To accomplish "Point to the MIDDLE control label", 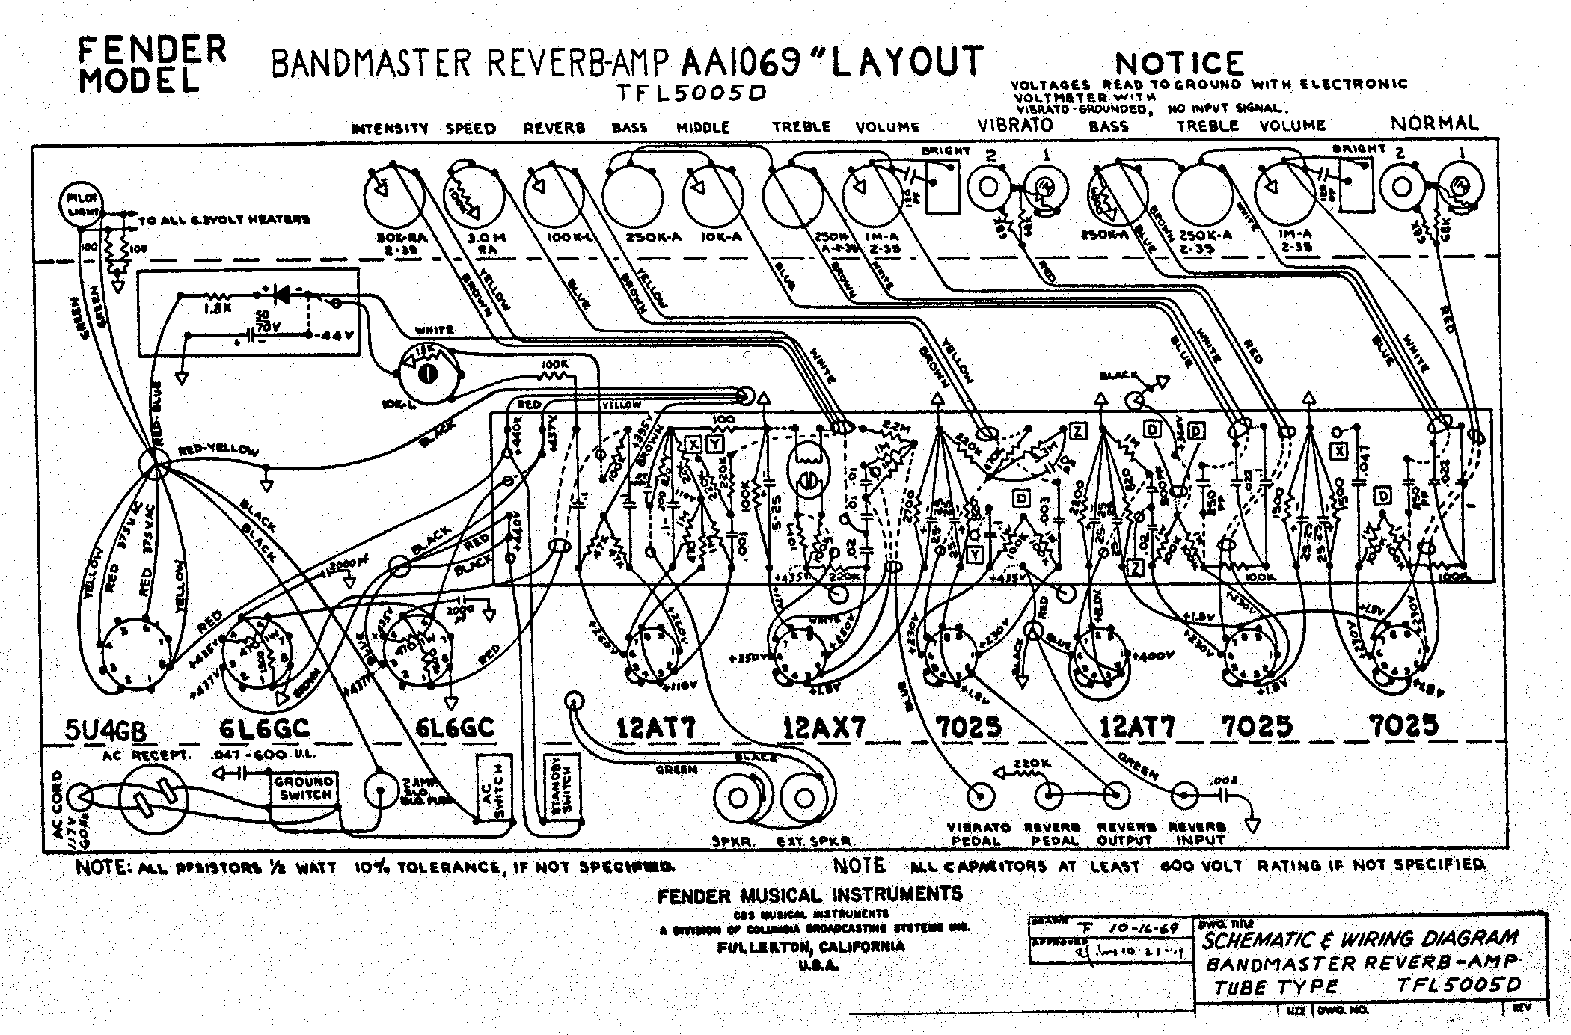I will (702, 127).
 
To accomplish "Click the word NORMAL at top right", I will (1434, 123).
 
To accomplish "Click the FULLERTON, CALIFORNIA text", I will (810, 946).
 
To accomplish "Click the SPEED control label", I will (471, 128).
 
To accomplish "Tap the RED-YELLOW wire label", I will (218, 451).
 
